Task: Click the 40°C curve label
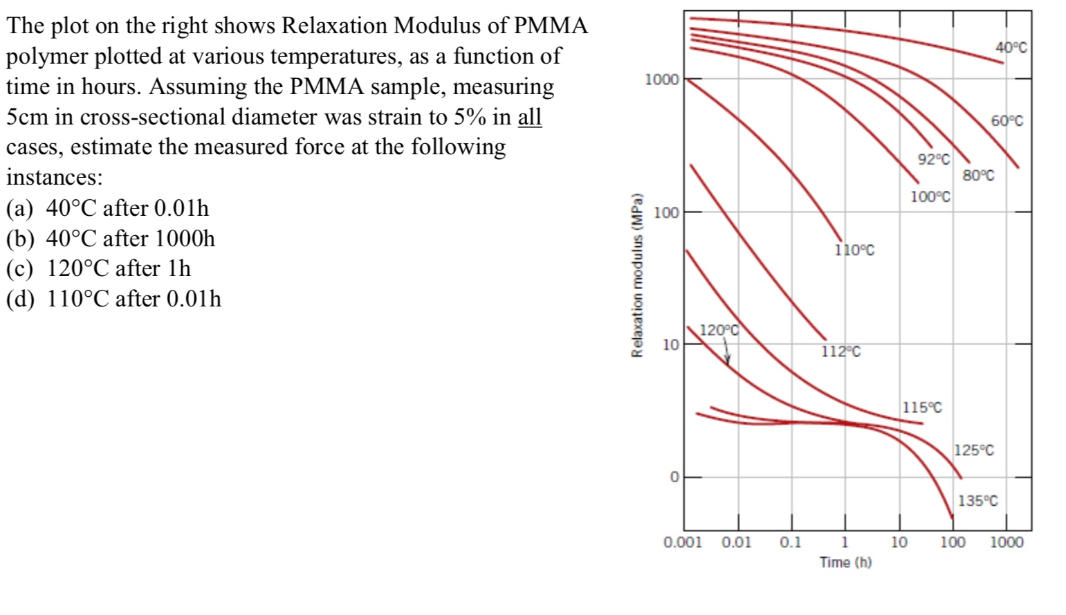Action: pos(1011,48)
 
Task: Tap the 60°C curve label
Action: pos(1007,121)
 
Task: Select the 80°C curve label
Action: pos(978,176)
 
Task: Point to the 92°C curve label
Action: pos(934,159)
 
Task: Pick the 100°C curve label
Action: pos(930,197)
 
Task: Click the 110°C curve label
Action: pos(854,250)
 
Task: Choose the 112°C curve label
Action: pos(840,352)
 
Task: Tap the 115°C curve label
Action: pos(922,407)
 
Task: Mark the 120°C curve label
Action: pos(719,330)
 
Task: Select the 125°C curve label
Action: pos(974,450)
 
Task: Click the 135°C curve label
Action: pos(977,501)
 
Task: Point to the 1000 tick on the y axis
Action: pos(662,80)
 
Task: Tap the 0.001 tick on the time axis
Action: pos(682,542)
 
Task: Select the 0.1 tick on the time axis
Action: pos(791,542)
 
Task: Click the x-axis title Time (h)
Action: pos(845,562)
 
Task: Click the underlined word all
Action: pos(529,117)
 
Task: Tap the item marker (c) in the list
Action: pos(21,268)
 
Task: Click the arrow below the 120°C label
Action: pos(727,354)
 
